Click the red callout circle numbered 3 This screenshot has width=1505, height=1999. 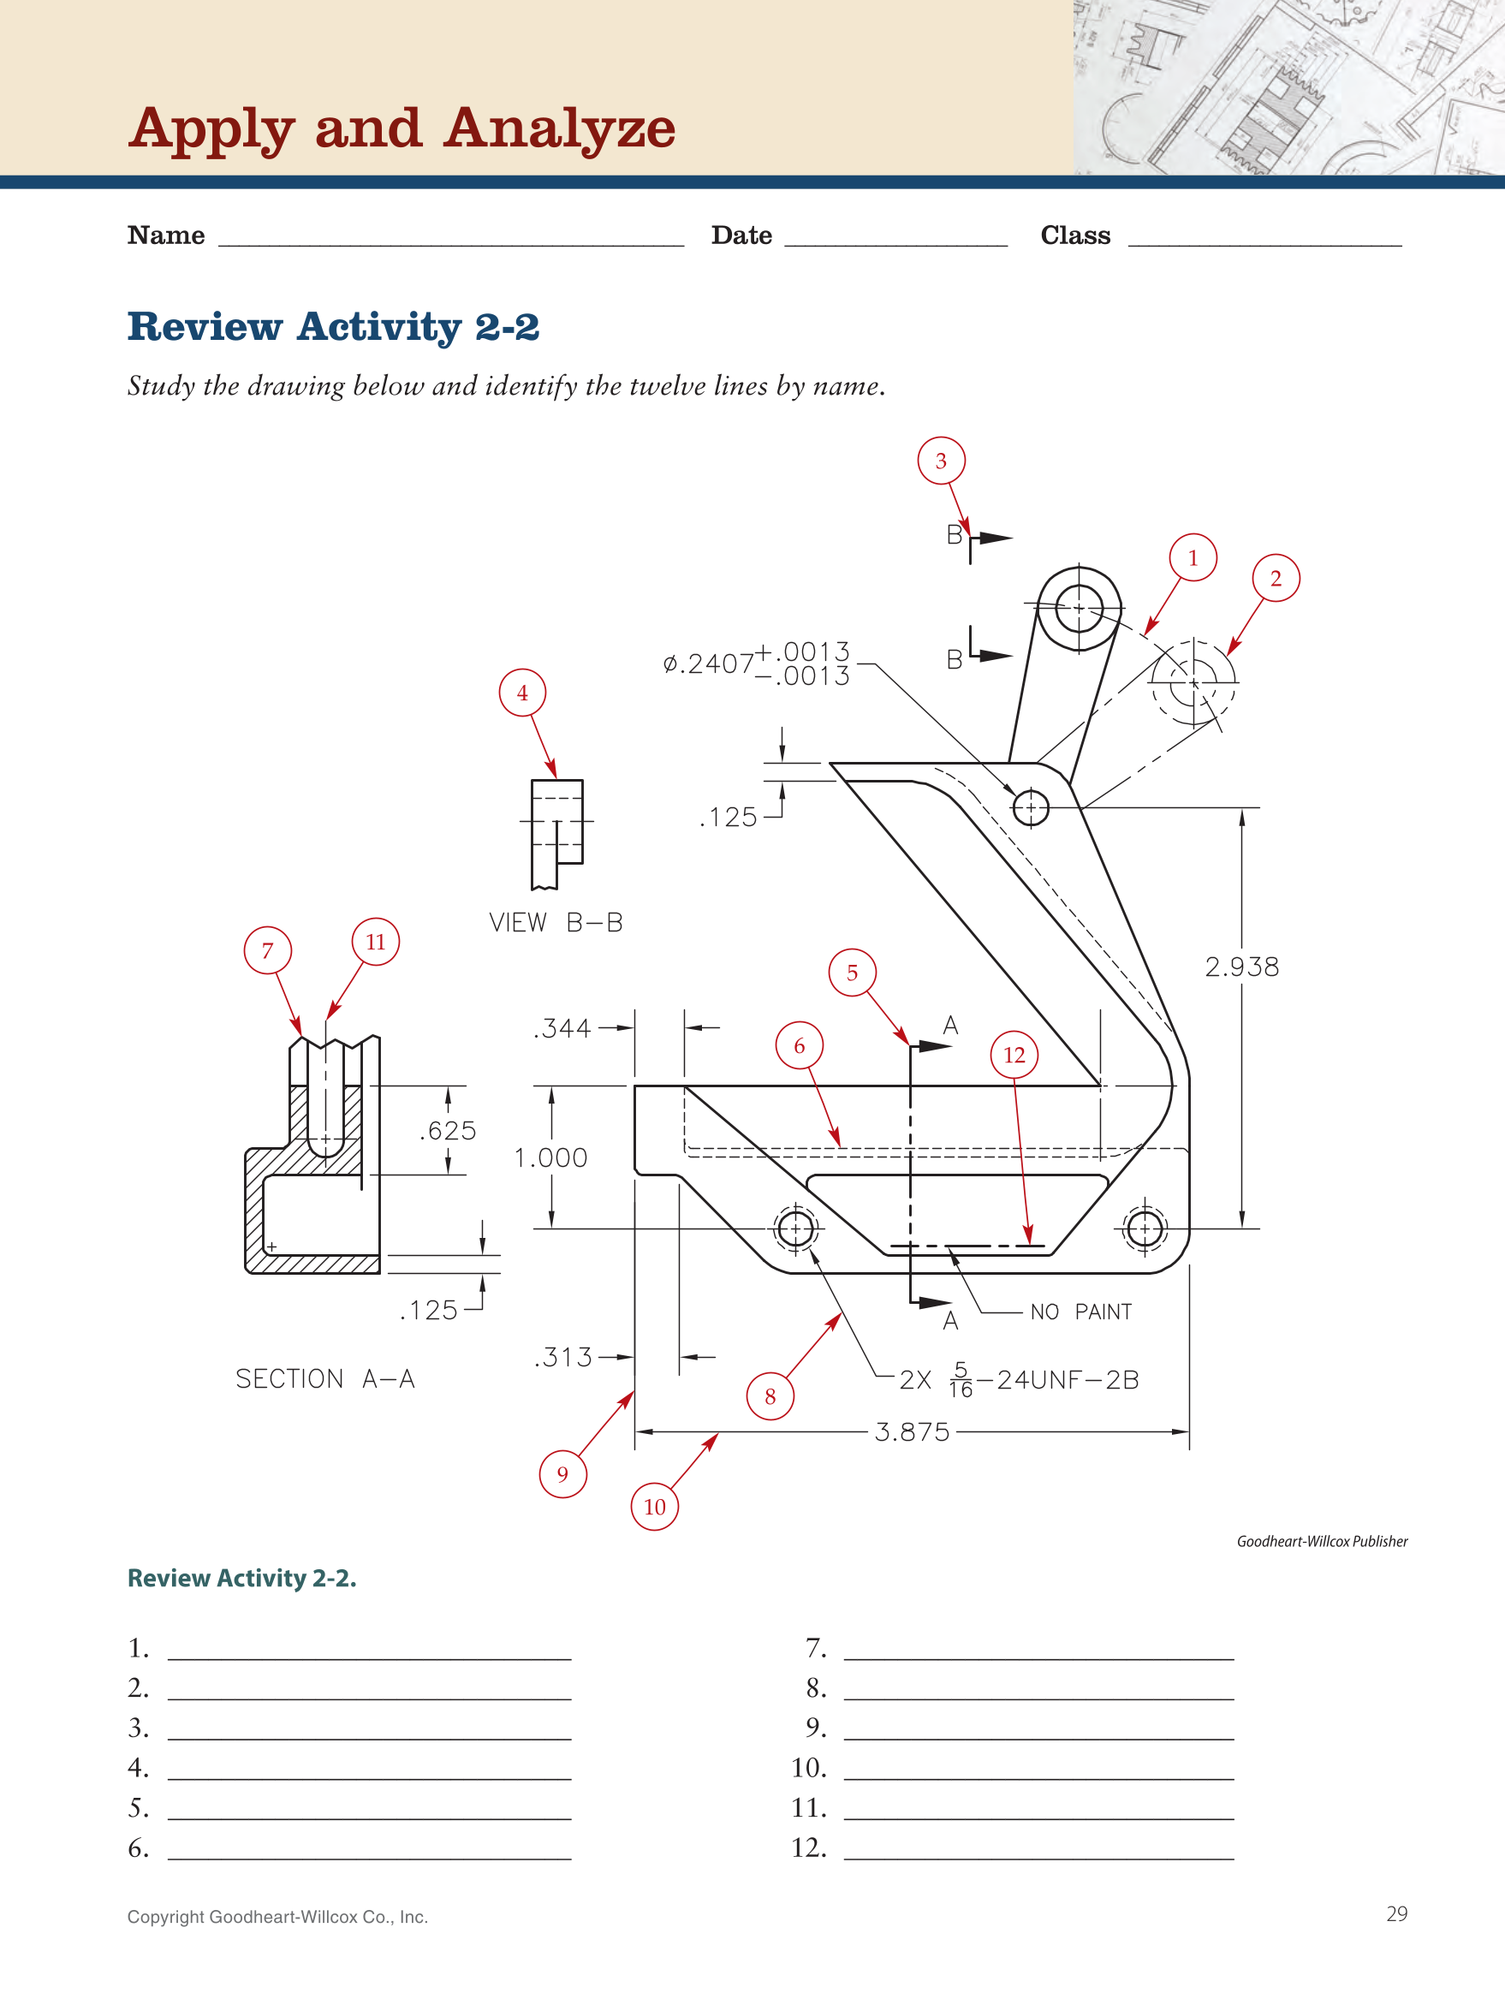click(940, 461)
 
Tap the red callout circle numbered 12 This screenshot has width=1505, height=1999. click(1014, 1055)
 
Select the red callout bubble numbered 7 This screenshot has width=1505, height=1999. click(268, 950)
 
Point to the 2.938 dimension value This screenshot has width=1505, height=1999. click(1242, 967)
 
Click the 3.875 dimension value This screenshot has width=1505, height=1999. click(912, 1432)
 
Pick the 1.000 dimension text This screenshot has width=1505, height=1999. click(550, 1157)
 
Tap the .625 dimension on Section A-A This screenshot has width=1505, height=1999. click(448, 1131)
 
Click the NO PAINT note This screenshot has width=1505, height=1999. click(1080, 1312)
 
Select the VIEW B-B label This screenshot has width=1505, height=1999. click(556, 923)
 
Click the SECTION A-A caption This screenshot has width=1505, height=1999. click(325, 1379)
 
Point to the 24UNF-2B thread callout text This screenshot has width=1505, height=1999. click(1067, 1380)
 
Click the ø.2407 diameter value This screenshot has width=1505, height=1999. click(708, 664)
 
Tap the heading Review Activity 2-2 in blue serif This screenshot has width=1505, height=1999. click(333, 326)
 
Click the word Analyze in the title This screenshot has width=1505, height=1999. click(560, 128)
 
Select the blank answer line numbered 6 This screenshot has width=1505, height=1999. click(369, 1848)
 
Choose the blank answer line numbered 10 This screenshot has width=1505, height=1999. click(1038, 1769)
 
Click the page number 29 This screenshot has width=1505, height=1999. click(1395, 1914)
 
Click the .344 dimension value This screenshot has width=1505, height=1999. click(562, 1028)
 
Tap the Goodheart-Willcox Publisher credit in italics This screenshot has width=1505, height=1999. click(1322, 1542)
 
